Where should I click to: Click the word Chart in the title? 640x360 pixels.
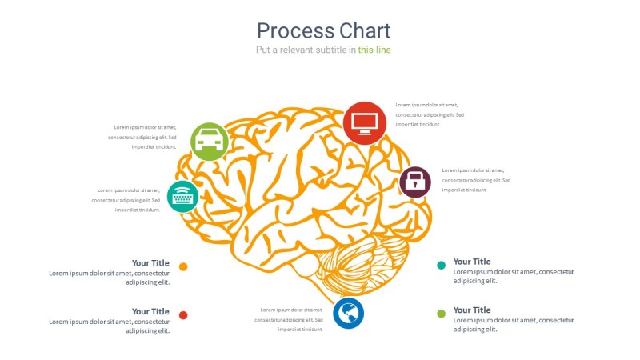point(365,31)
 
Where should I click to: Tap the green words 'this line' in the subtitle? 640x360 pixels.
point(374,50)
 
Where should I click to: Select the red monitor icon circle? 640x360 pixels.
point(365,123)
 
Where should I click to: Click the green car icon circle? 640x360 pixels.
point(210,142)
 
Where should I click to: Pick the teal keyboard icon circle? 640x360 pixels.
point(183,195)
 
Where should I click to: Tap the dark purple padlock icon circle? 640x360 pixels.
point(414,182)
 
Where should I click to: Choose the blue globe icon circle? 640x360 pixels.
point(348,313)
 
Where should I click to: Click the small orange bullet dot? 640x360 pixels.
point(183,266)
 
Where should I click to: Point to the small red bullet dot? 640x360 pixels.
point(183,315)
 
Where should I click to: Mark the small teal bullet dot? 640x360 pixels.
point(441,265)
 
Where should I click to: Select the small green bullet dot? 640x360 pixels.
point(441,314)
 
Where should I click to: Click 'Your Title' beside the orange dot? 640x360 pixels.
point(150,262)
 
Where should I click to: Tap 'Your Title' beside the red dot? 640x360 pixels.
point(150,311)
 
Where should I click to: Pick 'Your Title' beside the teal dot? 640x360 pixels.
point(472,262)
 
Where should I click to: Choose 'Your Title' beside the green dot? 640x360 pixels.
point(472,310)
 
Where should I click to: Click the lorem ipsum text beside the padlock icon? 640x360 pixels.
point(476,180)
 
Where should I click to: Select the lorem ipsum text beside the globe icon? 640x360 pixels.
point(289,319)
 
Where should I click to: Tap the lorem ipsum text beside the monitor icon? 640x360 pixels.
point(430,114)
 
